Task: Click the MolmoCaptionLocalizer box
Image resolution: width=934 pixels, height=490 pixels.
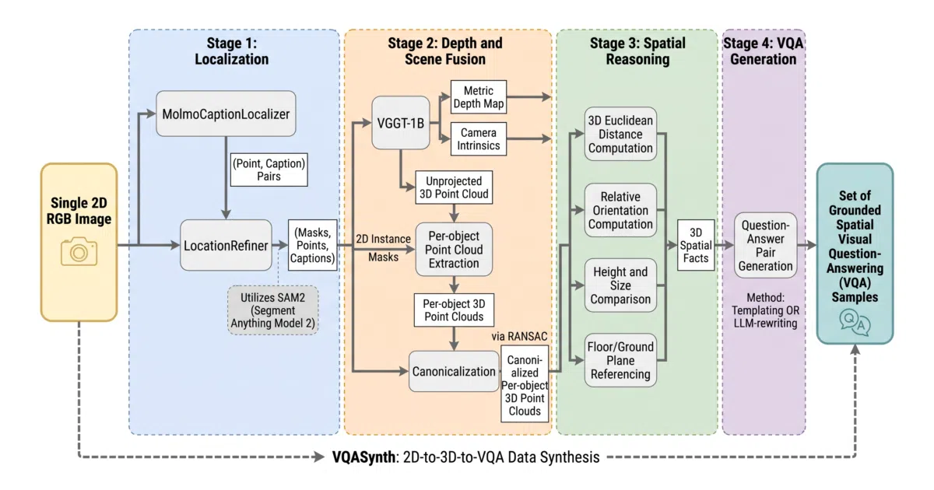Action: (226, 114)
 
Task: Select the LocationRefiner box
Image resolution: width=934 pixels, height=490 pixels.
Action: (226, 246)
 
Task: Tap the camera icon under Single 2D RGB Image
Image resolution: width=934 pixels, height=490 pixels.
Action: (79, 251)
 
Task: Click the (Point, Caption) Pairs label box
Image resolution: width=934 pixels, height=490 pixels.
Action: (269, 170)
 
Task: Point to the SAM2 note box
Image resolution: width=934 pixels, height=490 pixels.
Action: (273, 310)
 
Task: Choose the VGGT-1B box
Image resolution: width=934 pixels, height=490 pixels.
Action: (401, 123)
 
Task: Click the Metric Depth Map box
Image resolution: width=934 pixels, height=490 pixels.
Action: (479, 97)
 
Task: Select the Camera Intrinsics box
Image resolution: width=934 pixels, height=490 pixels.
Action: (479, 138)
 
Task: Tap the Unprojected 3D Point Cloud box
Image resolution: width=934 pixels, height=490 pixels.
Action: (454, 187)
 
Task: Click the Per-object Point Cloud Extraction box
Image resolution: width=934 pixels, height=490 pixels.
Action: (454, 250)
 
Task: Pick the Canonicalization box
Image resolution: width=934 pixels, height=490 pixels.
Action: (454, 371)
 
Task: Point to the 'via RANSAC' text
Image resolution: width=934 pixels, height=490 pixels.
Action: (519, 336)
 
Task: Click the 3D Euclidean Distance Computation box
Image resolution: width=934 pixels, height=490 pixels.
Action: (620, 134)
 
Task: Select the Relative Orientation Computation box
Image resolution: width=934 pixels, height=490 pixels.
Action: (620, 211)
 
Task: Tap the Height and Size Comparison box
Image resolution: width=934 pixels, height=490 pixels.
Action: (620, 285)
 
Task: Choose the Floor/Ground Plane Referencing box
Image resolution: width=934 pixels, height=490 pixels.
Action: (620, 360)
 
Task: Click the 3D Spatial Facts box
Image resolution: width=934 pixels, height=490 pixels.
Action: (696, 246)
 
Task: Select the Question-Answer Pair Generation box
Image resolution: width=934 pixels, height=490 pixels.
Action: (766, 246)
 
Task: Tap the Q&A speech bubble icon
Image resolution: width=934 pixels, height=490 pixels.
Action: (855, 322)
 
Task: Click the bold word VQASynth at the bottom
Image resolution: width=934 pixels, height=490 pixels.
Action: (363, 457)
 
